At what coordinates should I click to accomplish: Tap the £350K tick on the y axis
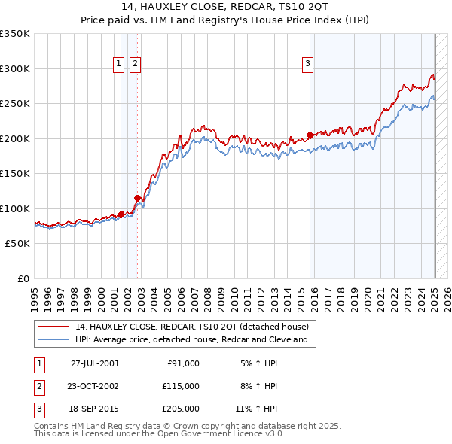point(15,34)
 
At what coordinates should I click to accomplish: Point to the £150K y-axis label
point(15,173)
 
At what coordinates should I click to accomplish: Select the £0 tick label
point(23,278)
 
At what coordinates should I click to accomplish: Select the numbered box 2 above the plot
point(134,64)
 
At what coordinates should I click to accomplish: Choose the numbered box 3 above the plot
point(308,64)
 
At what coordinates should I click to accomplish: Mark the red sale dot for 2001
point(121,215)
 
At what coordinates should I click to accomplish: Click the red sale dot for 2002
point(138,199)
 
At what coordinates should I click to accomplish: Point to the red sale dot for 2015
point(310,135)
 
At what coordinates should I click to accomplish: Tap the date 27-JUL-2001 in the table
point(95,363)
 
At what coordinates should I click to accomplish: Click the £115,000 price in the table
point(182,386)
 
